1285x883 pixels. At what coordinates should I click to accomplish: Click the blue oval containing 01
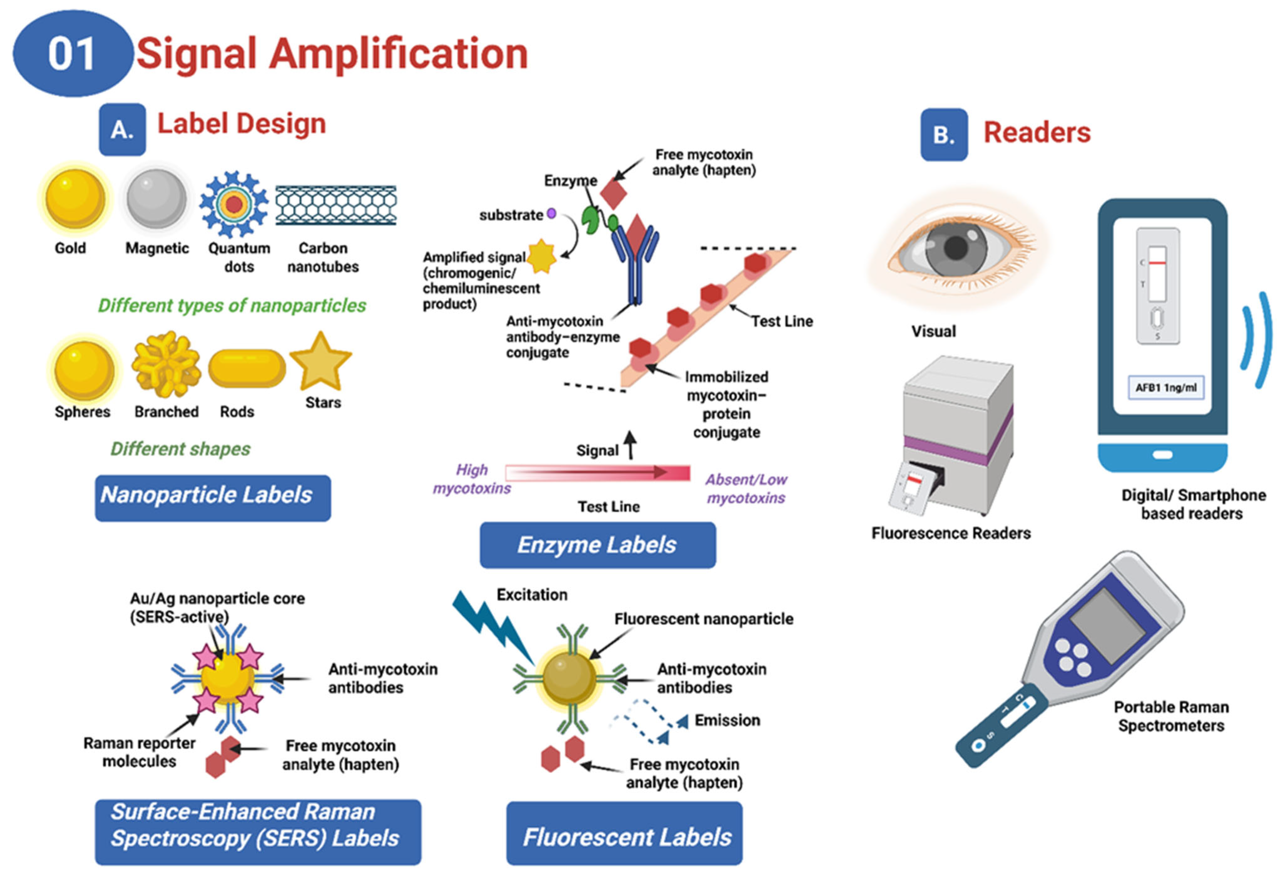72,54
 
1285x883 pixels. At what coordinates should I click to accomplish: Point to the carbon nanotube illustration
335,205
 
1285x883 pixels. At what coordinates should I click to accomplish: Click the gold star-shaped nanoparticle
321,362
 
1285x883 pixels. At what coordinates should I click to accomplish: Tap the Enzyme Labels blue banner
597,545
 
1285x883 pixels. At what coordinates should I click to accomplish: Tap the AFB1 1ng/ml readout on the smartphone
1165,387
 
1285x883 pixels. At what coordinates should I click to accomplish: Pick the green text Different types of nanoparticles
232,305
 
